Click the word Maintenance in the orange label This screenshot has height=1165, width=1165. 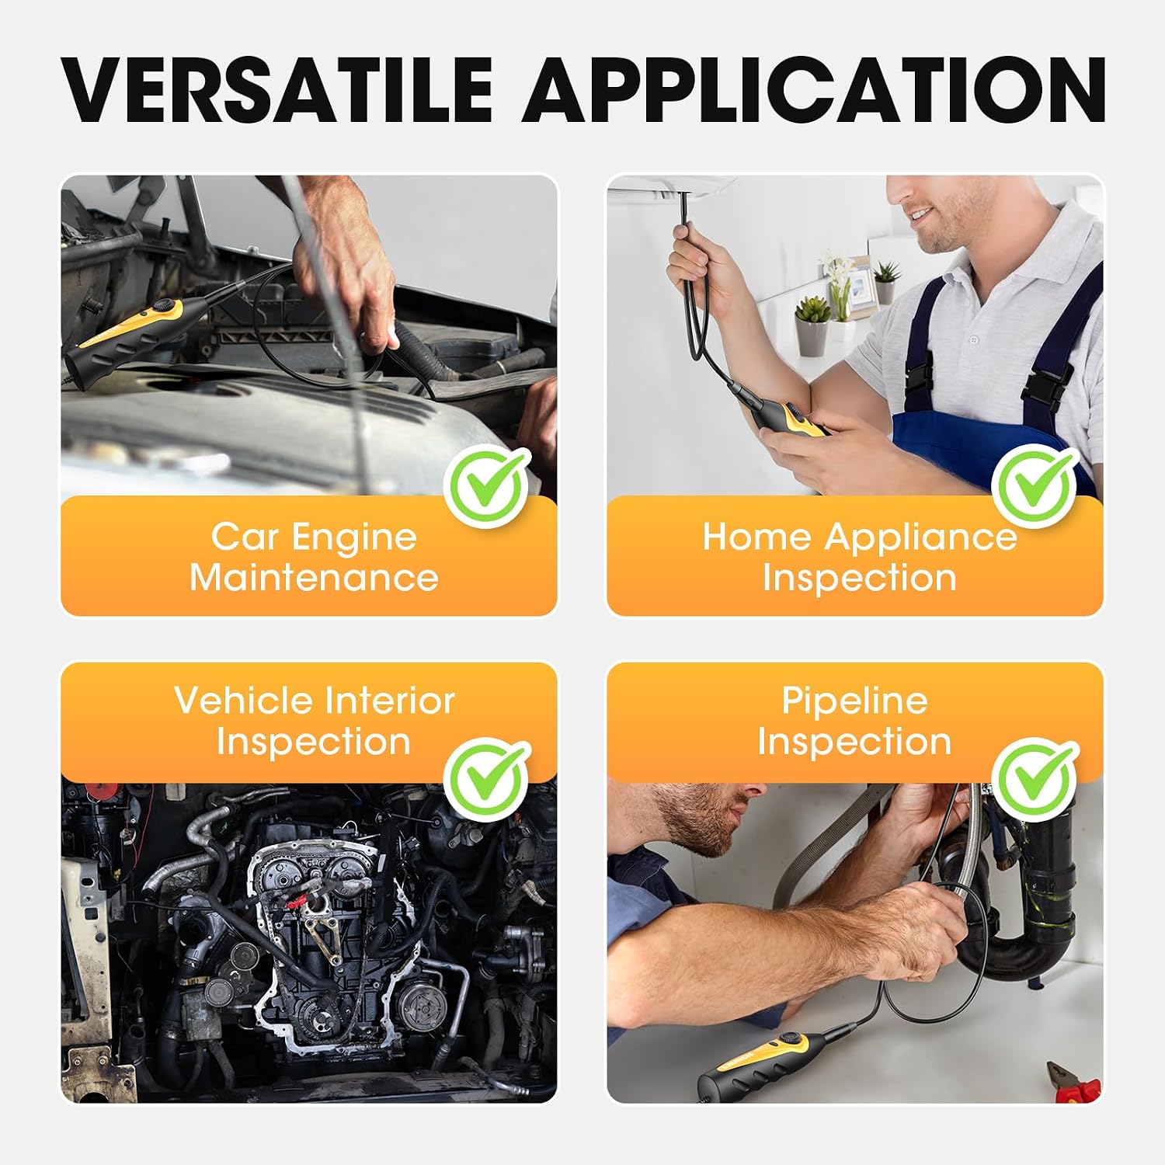tap(314, 578)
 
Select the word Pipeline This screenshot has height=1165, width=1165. tap(854, 701)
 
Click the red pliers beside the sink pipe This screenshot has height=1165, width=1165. tap(1073, 1082)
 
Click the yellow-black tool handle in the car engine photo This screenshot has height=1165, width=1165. tap(124, 336)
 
